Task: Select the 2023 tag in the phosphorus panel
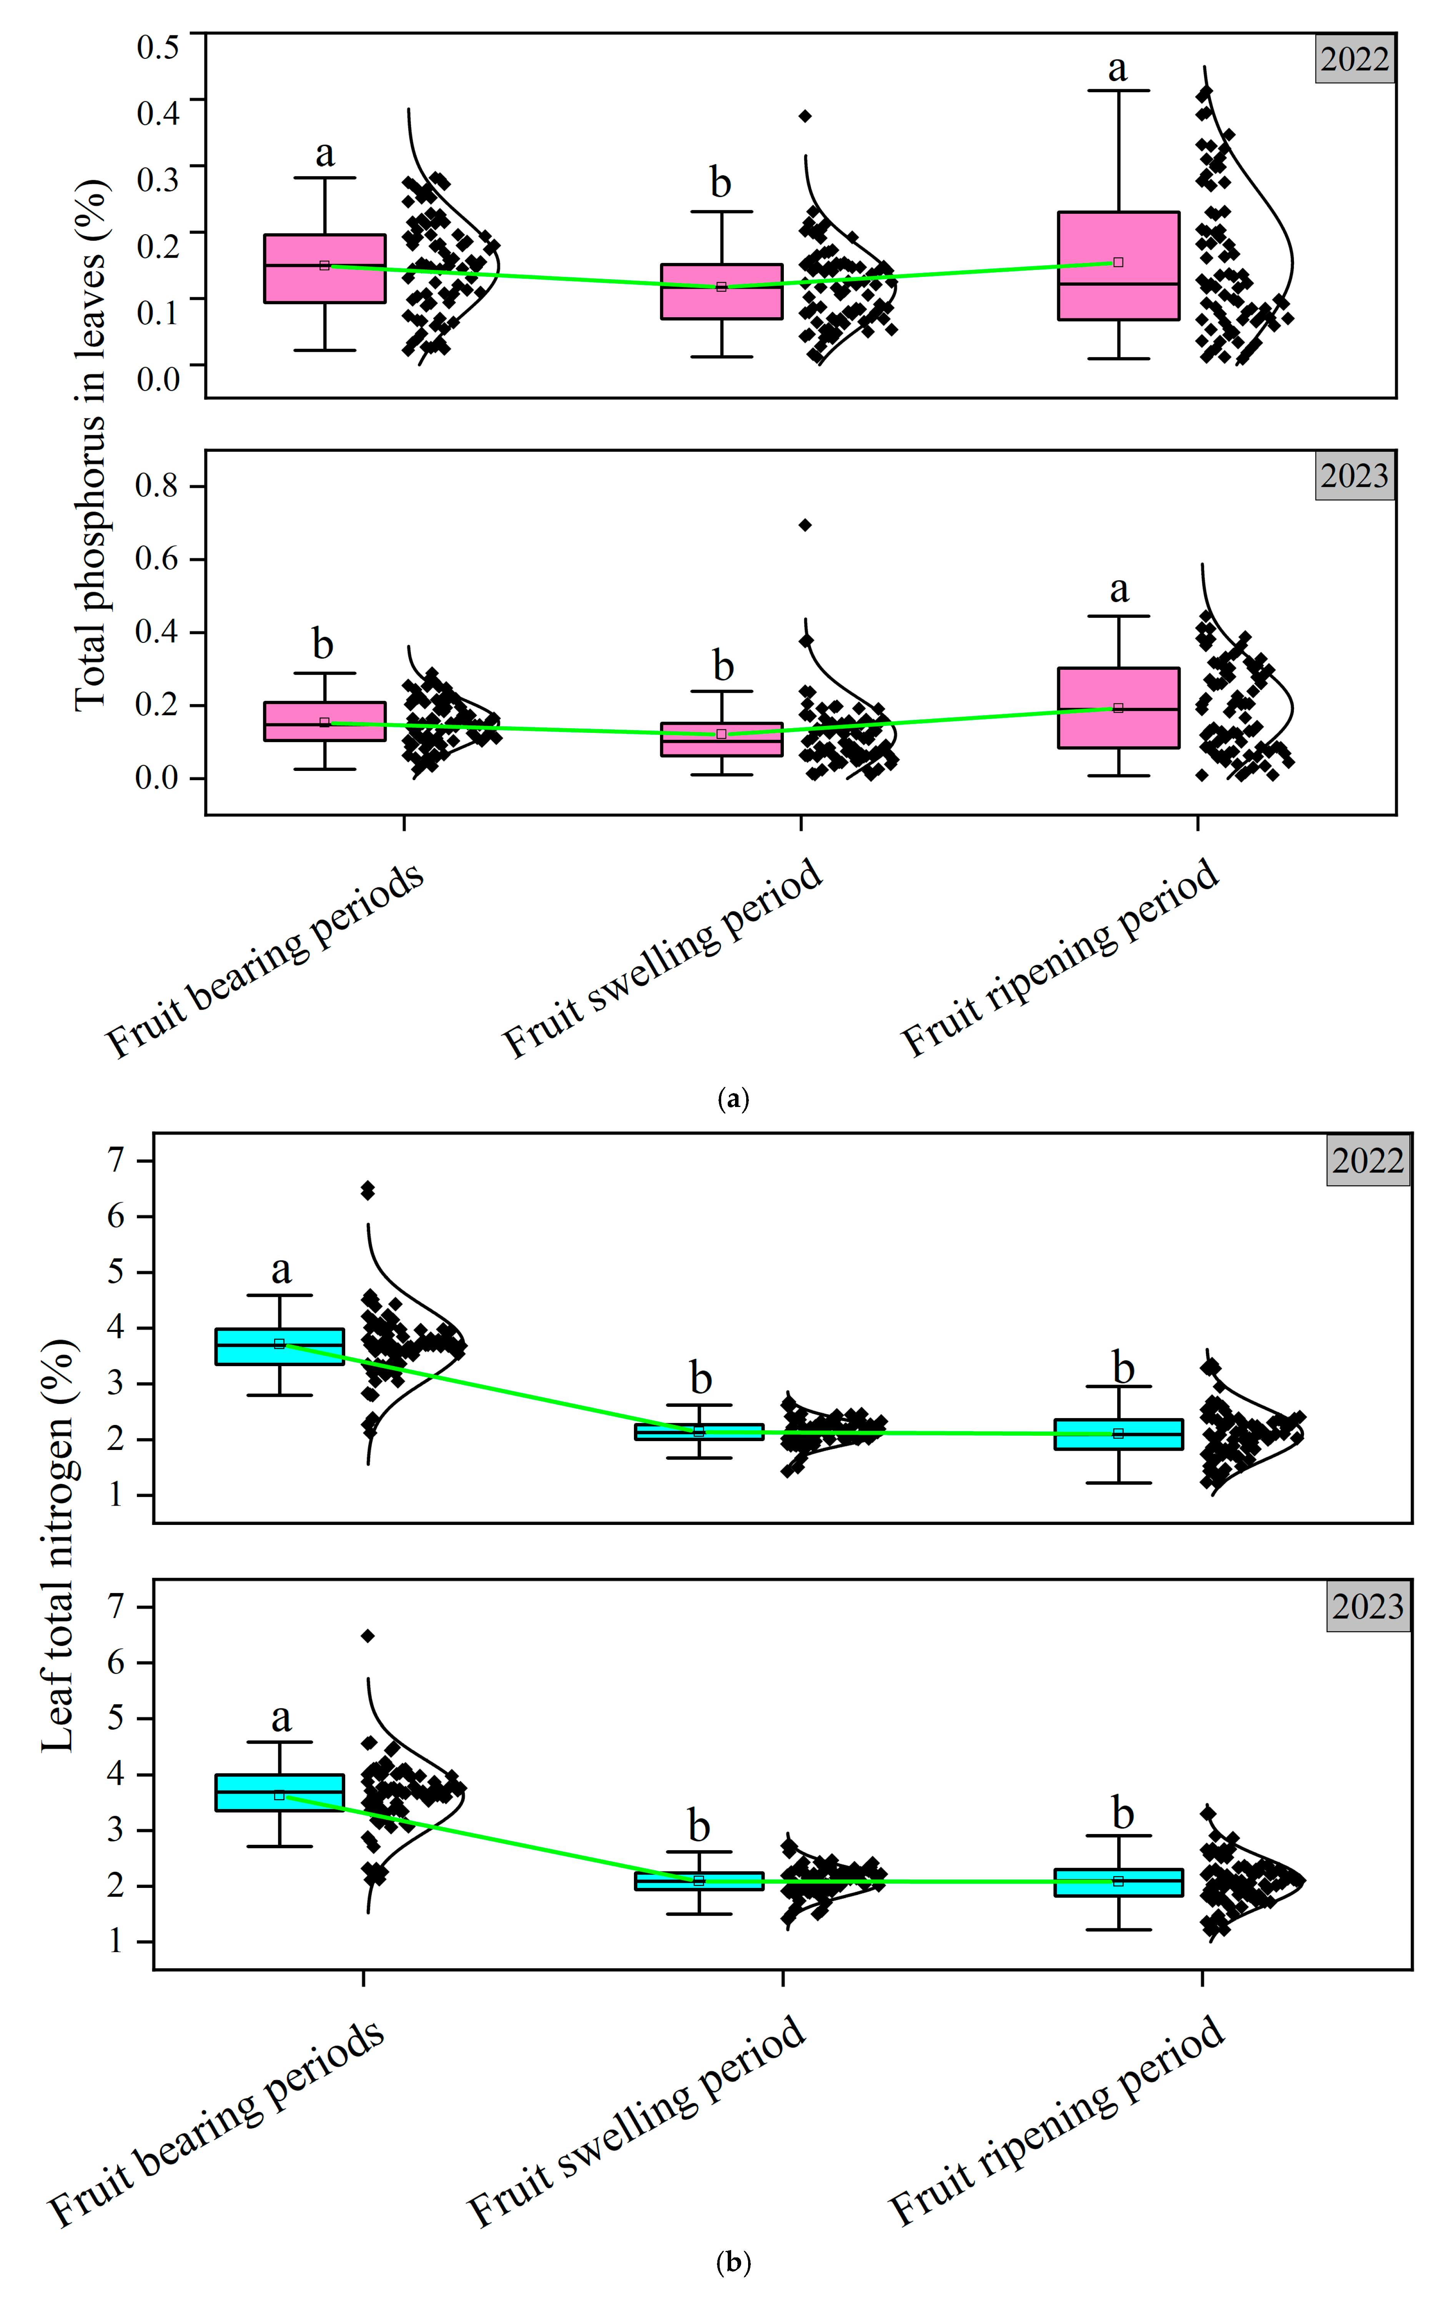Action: coord(1354,475)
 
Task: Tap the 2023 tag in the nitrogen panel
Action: coord(1367,1606)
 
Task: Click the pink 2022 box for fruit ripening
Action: coord(1119,266)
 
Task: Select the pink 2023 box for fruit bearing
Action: coord(324,721)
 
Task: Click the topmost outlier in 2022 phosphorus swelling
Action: coord(805,116)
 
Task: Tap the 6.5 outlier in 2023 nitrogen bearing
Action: coord(368,1636)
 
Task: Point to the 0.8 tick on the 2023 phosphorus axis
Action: coord(157,486)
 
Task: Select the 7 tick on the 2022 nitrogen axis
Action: coord(116,1159)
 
